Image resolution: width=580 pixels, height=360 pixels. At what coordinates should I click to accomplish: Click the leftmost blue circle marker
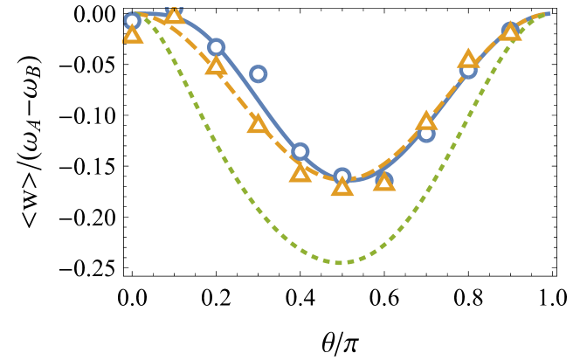pyautogui.click(x=132, y=21)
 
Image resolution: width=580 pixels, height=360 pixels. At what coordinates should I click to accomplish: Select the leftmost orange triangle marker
pyautogui.click(x=132, y=35)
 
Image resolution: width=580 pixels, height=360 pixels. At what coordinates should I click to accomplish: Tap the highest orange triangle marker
pyautogui.click(x=174, y=15)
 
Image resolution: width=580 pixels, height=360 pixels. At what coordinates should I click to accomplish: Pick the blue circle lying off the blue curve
pyautogui.click(x=258, y=74)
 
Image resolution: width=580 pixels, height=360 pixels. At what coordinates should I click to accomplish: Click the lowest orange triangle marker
pyautogui.click(x=342, y=187)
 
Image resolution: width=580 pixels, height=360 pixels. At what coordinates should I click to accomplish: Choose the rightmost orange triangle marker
pyautogui.click(x=510, y=31)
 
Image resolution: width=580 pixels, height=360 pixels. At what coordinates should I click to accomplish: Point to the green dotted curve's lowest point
pyautogui.click(x=342, y=262)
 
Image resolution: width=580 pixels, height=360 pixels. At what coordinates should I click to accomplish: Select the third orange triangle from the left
pyautogui.click(x=216, y=66)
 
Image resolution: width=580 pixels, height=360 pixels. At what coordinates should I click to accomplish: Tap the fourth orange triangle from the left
pyautogui.click(x=258, y=124)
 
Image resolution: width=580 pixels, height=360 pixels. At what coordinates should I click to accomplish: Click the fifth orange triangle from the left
pyautogui.click(x=300, y=173)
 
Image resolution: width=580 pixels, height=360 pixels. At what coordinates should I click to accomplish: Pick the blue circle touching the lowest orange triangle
pyautogui.click(x=342, y=176)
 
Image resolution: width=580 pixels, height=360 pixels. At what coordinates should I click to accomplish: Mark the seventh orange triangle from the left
pyautogui.click(x=384, y=182)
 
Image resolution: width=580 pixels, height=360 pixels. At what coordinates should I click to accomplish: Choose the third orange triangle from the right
pyautogui.click(x=426, y=121)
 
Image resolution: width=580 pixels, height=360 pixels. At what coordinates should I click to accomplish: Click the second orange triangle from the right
pyautogui.click(x=468, y=59)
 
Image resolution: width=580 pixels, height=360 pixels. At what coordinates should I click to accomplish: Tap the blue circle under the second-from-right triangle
pyautogui.click(x=469, y=71)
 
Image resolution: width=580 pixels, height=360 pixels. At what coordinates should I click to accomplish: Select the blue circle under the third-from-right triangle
pyautogui.click(x=426, y=134)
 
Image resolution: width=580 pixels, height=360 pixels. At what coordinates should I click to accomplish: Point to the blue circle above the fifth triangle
pyautogui.click(x=300, y=151)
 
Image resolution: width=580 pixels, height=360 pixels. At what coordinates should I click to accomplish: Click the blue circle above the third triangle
pyautogui.click(x=216, y=47)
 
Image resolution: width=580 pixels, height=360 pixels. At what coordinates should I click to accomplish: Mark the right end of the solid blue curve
pyautogui.click(x=548, y=13)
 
